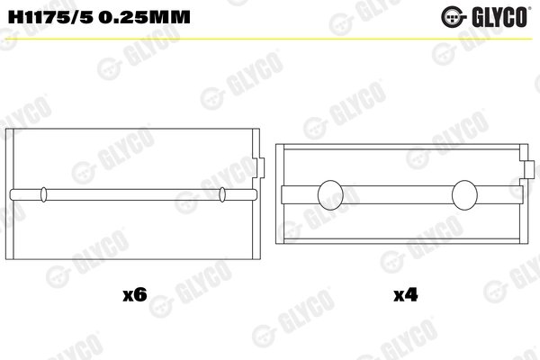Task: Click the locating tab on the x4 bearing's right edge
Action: point(525,168)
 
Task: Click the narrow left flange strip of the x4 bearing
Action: point(280,192)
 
